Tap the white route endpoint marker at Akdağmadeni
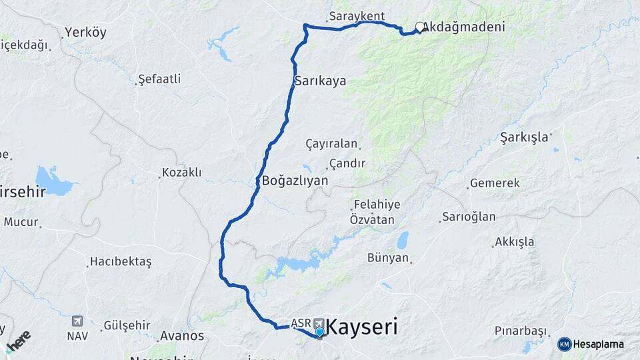(x=419, y=27)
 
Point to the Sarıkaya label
(x=320, y=81)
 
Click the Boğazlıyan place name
(x=295, y=180)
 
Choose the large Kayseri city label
(x=364, y=327)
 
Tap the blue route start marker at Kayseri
(x=320, y=331)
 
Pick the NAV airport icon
(x=77, y=321)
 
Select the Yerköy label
(x=85, y=32)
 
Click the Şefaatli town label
(x=159, y=79)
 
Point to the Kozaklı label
(x=182, y=173)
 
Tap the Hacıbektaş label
(x=121, y=261)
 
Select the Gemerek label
(x=495, y=183)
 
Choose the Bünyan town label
(x=388, y=257)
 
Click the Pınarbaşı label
(x=521, y=331)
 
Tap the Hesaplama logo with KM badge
(x=591, y=344)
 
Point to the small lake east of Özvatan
(x=403, y=240)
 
